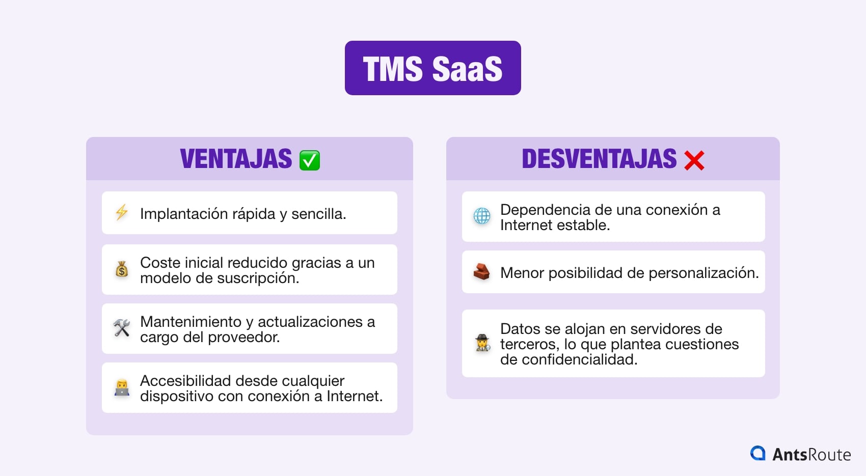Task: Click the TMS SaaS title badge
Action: click(432, 68)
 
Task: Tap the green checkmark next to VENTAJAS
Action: click(310, 160)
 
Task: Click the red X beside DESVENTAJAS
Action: click(694, 160)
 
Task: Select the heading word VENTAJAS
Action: click(236, 159)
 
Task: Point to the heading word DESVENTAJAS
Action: click(599, 159)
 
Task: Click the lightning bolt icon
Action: click(122, 212)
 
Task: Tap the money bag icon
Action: click(122, 269)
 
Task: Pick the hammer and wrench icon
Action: click(122, 328)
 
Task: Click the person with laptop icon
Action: click(122, 387)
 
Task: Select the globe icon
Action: click(482, 216)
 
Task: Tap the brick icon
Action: click(482, 272)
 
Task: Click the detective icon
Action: click(482, 343)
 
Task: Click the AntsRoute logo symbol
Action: click(758, 453)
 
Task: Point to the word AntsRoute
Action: click(811, 454)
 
